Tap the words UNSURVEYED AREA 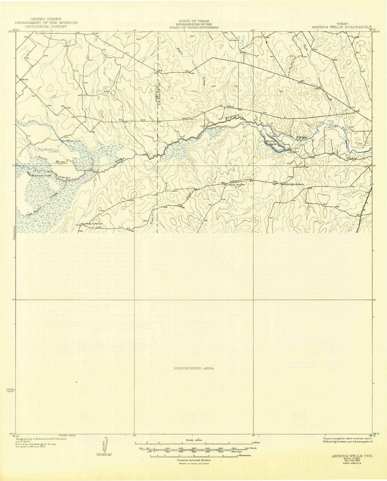pyautogui.click(x=194, y=368)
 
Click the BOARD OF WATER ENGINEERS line pyautogui.click(x=194, y=27)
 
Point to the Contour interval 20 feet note pyautogui.click(x=193, y=460)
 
